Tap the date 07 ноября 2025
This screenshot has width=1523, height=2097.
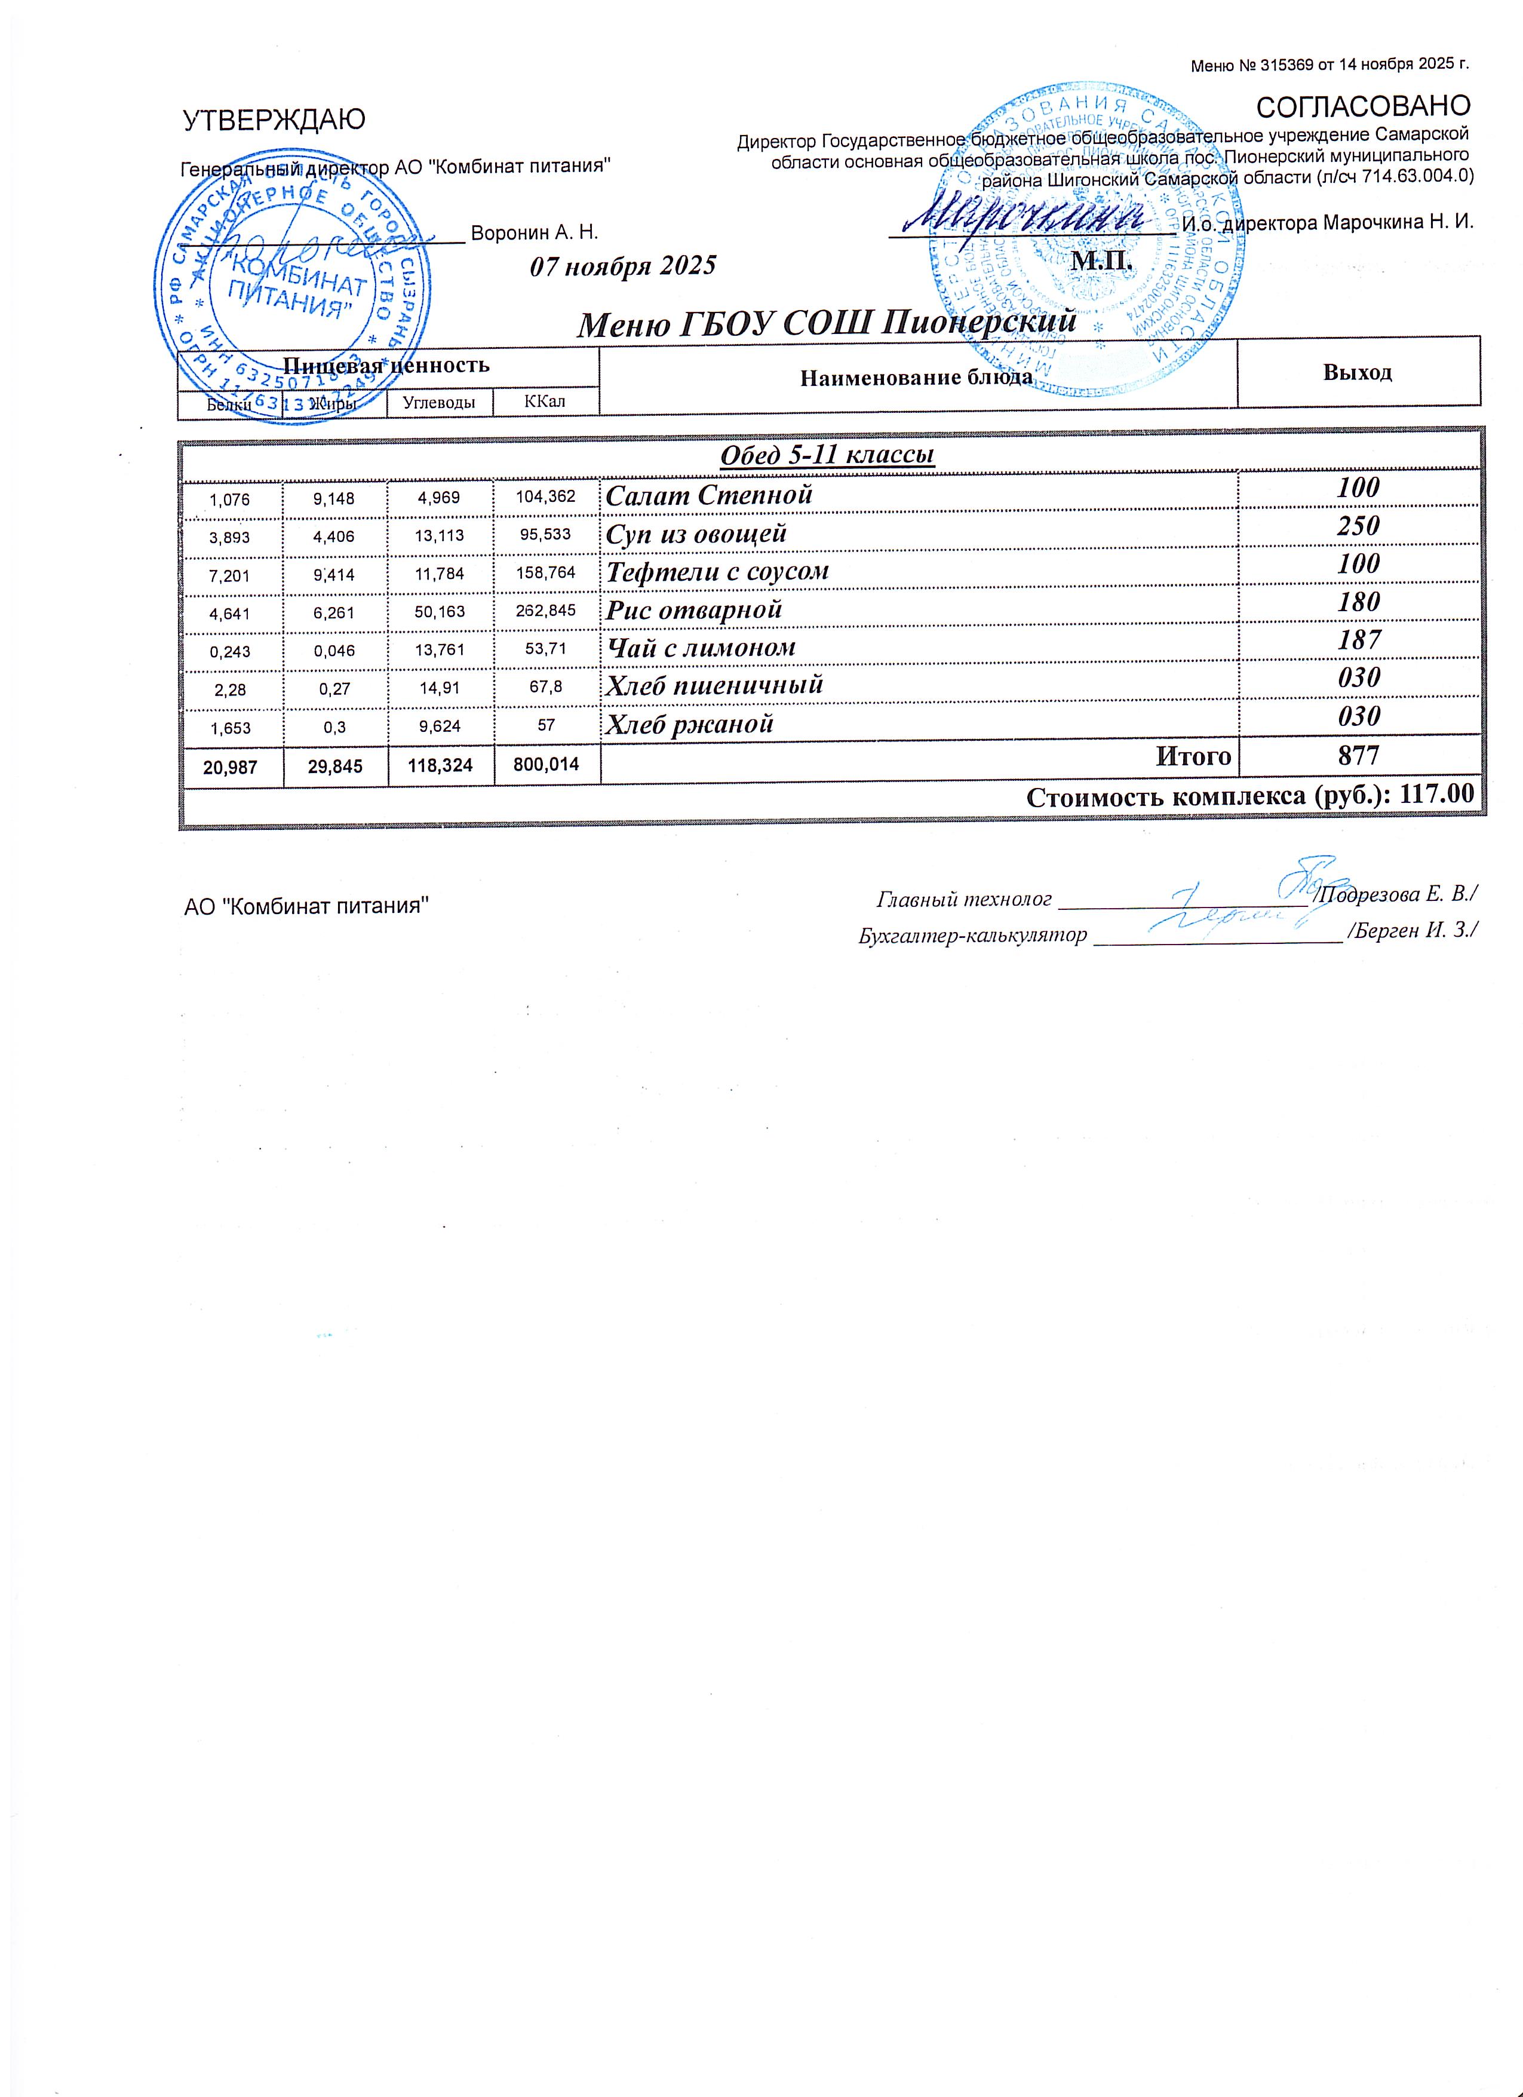tap(622, 266)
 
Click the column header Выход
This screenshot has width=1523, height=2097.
tap(1356, 373)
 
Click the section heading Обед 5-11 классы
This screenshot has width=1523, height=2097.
tap(826, 455)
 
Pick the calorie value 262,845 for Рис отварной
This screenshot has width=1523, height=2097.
tap(545, 609)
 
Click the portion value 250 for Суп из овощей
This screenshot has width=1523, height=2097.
tap(1358, 526)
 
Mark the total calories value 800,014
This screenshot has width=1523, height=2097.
tap(545, 764)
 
